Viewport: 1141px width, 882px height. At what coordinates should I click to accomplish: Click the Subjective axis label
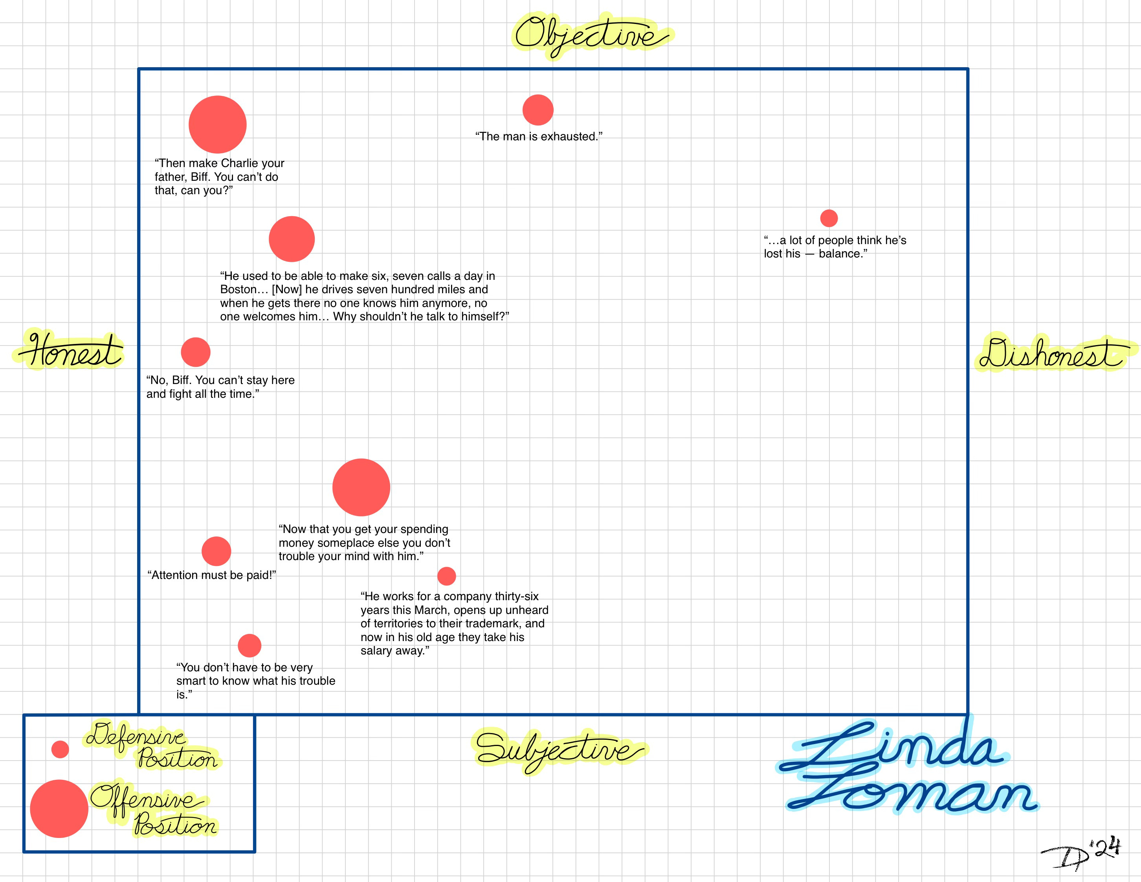click(x=559, y=750)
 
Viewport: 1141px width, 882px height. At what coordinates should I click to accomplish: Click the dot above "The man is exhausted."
click(x=537, y=110)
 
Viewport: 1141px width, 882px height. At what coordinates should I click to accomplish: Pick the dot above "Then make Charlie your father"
click(x=217, y=124)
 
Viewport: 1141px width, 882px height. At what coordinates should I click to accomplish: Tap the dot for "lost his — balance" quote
click(x=829, y=218)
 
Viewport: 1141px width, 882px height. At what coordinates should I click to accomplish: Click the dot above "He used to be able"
click(x=292, y=239)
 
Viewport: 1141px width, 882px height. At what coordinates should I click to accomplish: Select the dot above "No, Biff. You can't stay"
click(x=195, y=352)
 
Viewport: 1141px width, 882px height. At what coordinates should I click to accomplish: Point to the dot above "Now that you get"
click(x=361, y=487)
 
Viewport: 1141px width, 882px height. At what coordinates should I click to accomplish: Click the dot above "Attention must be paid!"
click(x=216, y=551)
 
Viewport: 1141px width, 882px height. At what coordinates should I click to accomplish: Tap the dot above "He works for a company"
click(x=446, y=576)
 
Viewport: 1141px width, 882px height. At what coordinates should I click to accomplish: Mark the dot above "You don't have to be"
click(x=249, y=645)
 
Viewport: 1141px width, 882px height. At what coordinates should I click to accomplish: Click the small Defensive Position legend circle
click(x=60, y=749)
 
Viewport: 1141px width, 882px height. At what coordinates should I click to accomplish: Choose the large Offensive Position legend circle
click(x=59, y=808)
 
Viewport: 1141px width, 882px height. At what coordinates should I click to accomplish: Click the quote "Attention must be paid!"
click(x=212, y=575)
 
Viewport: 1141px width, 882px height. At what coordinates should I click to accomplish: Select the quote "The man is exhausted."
click(x=539, y=136)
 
